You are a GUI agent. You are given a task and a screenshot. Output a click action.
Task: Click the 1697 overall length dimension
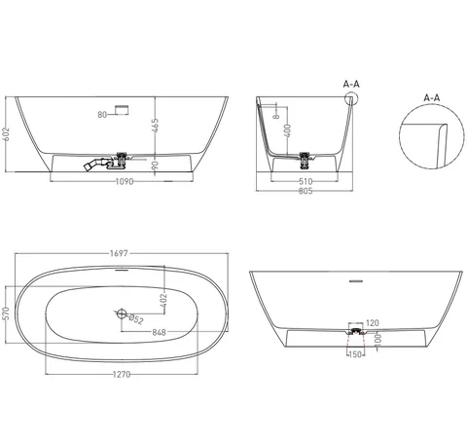[x=119, y=253]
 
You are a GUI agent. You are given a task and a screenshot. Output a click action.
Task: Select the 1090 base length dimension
[x=125, y=181]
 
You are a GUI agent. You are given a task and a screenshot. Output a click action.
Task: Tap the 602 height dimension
[x=6, y=134]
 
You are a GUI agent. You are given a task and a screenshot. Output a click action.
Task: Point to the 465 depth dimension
[x=155, y=126]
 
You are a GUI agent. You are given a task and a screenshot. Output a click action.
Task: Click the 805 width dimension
[x=305, y=191]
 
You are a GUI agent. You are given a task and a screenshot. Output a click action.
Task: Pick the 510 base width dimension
[x=305, y=181]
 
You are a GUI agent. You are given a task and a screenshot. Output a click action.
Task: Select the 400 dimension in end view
[x=287, y=130]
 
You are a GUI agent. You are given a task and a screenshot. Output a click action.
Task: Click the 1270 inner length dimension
[x=122, y=375]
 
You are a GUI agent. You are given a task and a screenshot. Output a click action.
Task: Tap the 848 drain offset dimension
[x=159, y=332]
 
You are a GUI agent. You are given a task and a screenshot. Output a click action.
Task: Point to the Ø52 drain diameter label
[x=136, y=319]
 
